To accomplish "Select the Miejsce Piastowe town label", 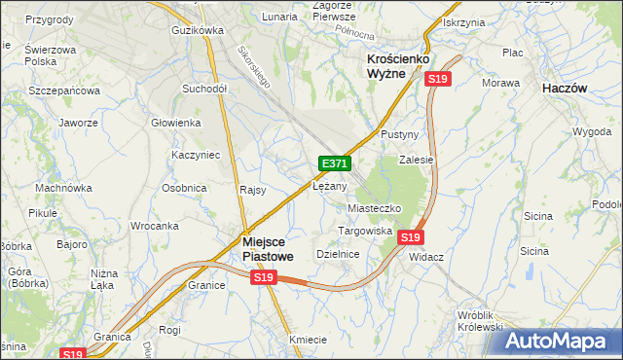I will coord(267,248).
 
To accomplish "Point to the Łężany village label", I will coord(330,186).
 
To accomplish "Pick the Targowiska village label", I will coord(364,232).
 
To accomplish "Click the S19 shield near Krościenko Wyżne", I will coord(438,79).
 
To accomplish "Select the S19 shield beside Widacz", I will coord(411,237).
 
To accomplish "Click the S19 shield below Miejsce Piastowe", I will coord(263,278).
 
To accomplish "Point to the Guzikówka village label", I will coord(197,31).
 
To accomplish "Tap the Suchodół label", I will coord(204,89).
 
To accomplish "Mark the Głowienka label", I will coord(175,124).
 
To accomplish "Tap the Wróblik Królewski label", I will coord(493,322).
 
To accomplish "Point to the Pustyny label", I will coord(399,133).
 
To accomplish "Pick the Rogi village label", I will coord(170,330).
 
